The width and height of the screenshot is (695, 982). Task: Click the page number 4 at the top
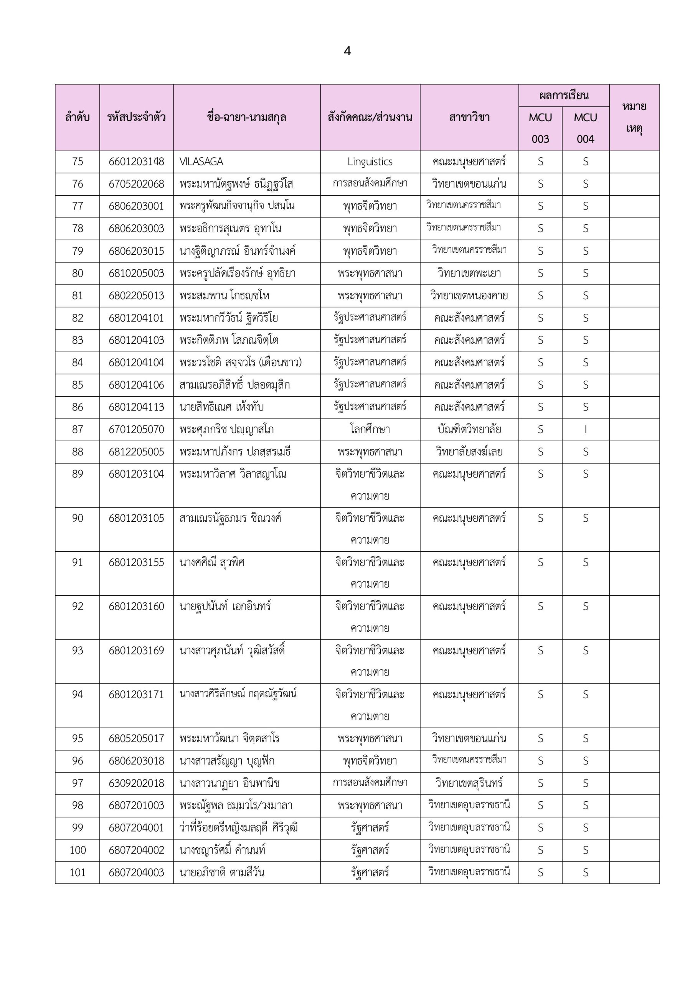tap(347, 51)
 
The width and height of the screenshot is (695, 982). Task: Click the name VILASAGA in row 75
tap(201, 161)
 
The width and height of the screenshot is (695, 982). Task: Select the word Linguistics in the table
tap(370, 161)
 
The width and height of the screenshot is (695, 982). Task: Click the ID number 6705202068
tap(136, 184)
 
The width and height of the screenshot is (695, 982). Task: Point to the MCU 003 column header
tap(540, 128)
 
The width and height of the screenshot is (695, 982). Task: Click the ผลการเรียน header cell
tap(564, 96)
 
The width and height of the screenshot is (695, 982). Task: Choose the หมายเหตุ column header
tap(634, 117)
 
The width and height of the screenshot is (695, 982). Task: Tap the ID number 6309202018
tap(136, 783)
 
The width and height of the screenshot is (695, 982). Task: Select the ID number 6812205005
tap(136, 451)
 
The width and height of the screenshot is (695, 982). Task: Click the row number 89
tap(78, 474)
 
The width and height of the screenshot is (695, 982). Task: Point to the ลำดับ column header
tap(78, 117)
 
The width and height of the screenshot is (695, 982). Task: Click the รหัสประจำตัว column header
tap(136, 117)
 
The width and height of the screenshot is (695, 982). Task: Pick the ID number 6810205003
tap(136, 273)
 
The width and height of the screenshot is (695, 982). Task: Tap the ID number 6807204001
tap(136, 827)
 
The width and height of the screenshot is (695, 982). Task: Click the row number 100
tap(78, 850)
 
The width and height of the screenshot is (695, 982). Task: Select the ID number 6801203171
tap(136, 694)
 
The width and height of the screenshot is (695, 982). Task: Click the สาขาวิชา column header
tap(469, 117)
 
